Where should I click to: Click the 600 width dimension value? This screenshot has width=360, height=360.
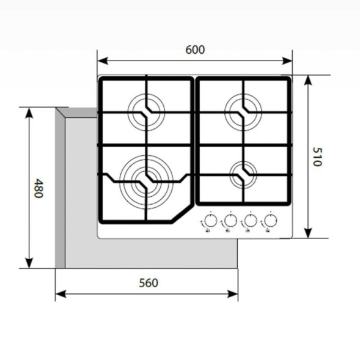pos(195,50)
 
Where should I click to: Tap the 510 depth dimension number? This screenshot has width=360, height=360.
pos(317,157)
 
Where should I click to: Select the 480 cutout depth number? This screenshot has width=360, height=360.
pos(38,188)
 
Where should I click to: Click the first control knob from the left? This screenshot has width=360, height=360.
pos(210,221)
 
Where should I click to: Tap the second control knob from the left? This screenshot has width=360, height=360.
pos(229,221)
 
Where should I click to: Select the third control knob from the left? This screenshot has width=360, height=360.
pos(249,221)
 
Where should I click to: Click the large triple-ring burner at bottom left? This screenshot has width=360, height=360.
pos(145,178)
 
